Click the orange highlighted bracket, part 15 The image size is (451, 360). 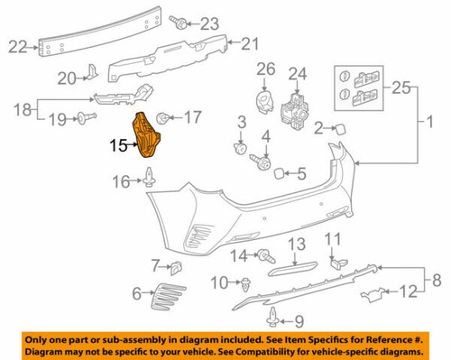pos(146,138)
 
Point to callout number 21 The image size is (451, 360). pos(249,42)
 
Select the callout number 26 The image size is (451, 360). pos(264,69)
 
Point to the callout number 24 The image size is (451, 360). pos(298,73)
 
